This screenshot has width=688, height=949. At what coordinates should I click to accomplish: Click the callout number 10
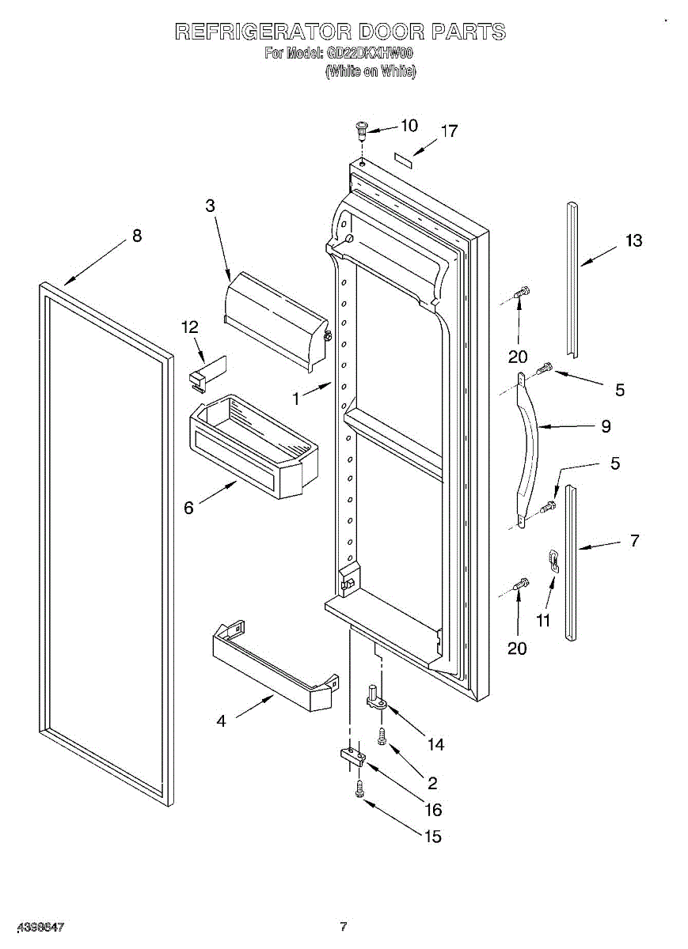(409, 125)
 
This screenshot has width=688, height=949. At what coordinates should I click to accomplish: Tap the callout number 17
(449, 131)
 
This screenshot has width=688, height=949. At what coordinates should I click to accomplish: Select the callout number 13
(633, 240)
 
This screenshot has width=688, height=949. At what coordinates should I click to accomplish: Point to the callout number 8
(137, 235)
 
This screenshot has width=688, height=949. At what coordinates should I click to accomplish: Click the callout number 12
(190, 327)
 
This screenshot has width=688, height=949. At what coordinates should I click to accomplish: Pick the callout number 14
(435, 744)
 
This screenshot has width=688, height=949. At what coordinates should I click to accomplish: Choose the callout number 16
(433, 810)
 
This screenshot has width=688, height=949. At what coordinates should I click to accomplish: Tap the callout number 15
(433, 837)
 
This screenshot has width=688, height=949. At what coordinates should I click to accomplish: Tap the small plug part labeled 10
(362, 128)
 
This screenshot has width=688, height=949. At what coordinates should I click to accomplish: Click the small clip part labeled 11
(554, 561)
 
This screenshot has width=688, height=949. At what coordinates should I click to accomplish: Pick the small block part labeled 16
(352, 758)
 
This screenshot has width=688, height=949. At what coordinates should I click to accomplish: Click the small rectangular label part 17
(405, 161)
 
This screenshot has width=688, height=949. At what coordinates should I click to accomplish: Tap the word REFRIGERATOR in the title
(262, 32)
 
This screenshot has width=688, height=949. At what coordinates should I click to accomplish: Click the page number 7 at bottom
(344, 926)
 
